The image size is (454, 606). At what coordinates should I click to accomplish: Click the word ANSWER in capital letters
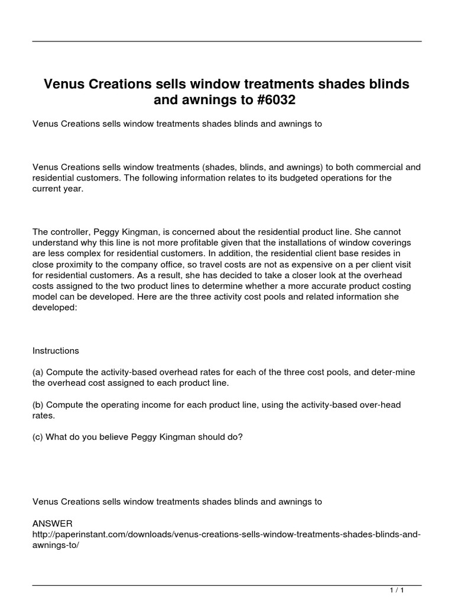[x=53, y=524]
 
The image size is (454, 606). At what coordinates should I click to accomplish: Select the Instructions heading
[x=56, y=350]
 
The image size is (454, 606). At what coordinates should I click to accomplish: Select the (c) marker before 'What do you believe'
[x=38, y=437]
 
